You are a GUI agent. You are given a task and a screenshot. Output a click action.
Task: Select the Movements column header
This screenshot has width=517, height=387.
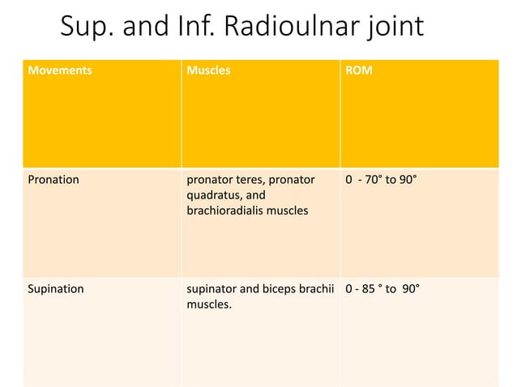[x=60, y=70]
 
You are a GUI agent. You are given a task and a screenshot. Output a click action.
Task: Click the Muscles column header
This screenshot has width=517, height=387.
[x=208, y=70]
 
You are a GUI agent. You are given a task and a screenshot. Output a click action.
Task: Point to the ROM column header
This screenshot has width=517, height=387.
[x=360, y=70]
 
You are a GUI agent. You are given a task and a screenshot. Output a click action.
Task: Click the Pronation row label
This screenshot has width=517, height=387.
[x=53, y=179]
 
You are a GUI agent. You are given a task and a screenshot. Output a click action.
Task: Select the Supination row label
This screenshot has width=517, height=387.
[x=56, y=287]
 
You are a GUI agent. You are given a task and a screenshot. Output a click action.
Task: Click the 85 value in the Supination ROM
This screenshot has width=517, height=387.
[x=370, y=287]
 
